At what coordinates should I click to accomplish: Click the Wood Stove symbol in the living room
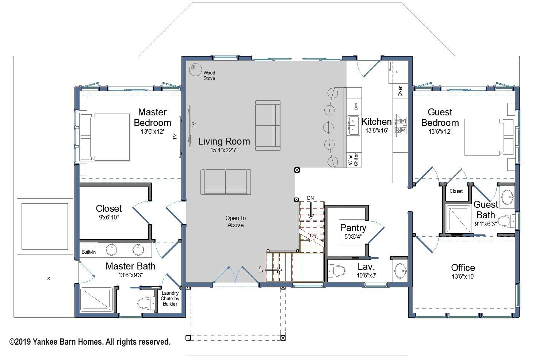point(195,70)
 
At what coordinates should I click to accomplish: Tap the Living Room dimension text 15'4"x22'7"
point(224,150)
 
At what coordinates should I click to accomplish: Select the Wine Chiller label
point(353,160)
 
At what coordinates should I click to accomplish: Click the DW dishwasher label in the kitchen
point(356,106)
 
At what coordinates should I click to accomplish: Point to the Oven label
point(400,91)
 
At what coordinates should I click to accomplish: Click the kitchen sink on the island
point(353,125)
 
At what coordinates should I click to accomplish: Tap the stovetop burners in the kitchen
point(401,126)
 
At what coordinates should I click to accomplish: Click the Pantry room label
point(353,228)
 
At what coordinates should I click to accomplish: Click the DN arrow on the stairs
point(311,211)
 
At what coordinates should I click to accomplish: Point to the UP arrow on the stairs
point(273,269)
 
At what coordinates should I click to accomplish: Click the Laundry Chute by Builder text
point(170,298)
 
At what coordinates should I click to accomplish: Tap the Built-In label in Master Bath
point(88,252)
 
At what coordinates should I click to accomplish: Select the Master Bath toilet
point(146,303)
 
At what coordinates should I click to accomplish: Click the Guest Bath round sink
point(507,198)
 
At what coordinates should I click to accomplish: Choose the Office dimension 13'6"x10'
point(463,277)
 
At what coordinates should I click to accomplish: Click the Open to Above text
point(236,222)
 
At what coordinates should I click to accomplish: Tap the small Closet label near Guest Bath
point(456,191)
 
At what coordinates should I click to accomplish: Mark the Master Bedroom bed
point(105,137)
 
